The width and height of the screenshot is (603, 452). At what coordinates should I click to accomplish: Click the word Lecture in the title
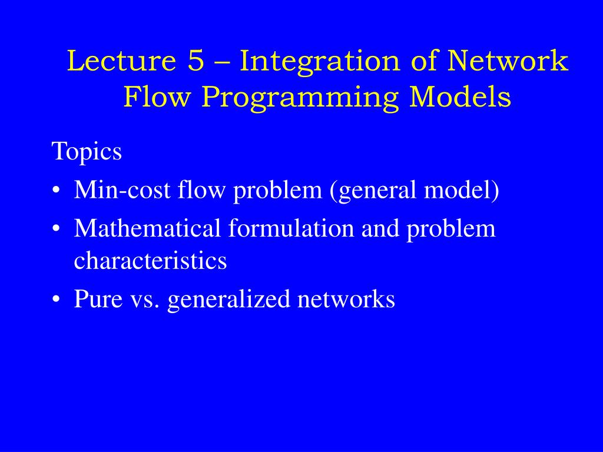click(121, 61)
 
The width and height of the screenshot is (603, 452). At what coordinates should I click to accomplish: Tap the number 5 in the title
click(196, 61)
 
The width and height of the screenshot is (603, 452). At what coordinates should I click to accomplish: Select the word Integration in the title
click(320, 62)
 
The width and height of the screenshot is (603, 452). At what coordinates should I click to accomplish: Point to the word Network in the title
click(507, 61)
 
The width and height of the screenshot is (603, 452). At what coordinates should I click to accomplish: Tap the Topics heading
click(87, 151)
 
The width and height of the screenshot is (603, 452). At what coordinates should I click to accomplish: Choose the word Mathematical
click(147, 228)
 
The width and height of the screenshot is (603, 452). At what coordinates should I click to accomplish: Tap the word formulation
click(291, 228)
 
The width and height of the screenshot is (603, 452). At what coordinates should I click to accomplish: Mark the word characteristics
click(150, 261)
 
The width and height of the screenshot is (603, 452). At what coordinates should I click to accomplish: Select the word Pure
click(98, 298)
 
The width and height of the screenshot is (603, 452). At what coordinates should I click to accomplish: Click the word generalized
click(229, 300)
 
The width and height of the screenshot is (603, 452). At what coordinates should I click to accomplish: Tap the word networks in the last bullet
click(346, 298)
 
